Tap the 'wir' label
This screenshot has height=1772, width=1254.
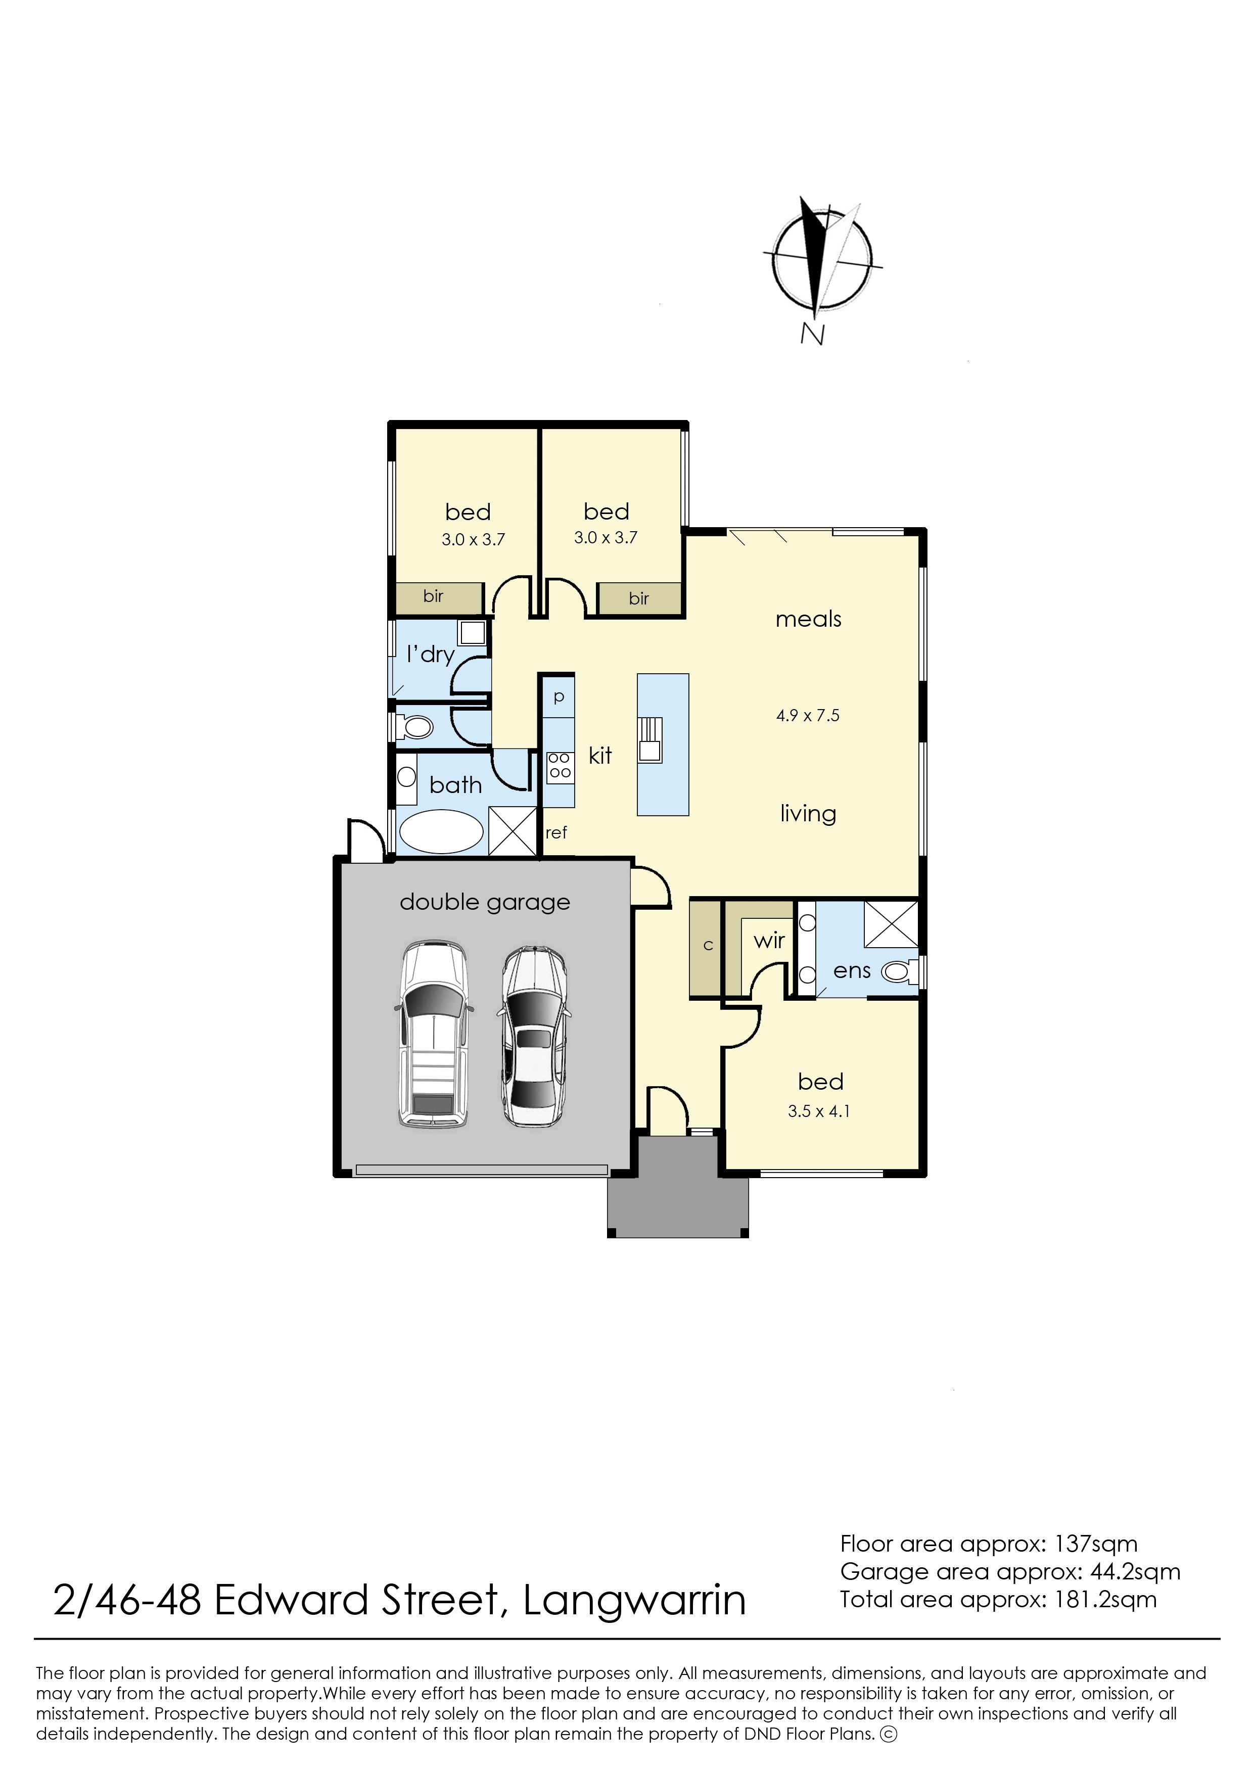[x=769, y=941]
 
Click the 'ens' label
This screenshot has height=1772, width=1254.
[x=853, y=971]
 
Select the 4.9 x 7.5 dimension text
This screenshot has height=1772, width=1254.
[x=808, y=715]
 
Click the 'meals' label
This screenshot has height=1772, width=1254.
[x=809, y=619]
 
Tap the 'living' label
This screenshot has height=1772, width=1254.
[x=808, y=814]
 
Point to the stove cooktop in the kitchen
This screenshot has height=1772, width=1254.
[x=559, y=766]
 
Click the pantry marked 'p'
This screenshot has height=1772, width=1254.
[x=559, y=696]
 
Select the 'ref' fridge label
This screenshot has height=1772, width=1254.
[x=556, y=832]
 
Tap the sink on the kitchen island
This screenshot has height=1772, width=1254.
[x=649, y=739]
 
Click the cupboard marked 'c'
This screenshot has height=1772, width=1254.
[x=707, y=947]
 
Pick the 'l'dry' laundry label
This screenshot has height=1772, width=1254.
[x=431, y=654]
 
